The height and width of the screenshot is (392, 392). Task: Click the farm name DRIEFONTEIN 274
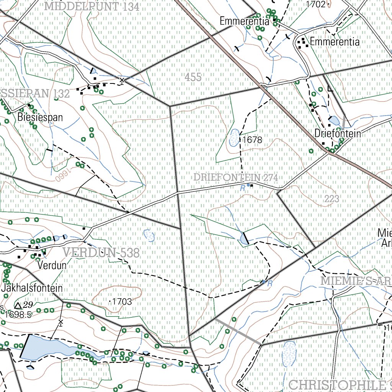235,178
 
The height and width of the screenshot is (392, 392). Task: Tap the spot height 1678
252,140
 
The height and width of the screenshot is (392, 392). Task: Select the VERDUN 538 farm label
101,253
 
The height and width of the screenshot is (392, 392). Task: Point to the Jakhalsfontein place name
32,288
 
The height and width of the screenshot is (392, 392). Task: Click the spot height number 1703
122,302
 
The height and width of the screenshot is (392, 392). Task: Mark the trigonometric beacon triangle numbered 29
18,305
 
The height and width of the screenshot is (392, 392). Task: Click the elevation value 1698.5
18,315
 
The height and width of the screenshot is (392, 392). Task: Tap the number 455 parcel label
193,77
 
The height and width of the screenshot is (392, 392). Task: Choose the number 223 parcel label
332,199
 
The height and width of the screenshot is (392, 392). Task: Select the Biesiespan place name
40,117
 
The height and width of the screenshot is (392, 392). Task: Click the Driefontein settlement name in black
338,134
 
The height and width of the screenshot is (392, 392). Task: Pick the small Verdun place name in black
52,265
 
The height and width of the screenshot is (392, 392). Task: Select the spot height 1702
316,5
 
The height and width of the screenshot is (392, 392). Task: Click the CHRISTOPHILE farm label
337,385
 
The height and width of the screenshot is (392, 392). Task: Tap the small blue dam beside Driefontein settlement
334,121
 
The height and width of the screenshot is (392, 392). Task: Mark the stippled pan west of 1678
233,139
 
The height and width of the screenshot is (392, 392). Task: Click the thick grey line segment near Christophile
238,330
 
